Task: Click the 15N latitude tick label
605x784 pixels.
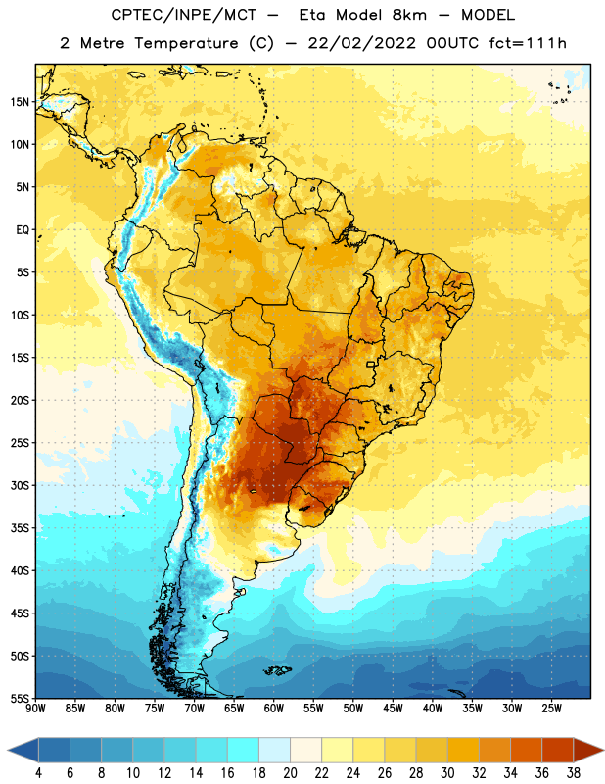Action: [20, 102]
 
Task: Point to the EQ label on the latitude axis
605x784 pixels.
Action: [23, 230]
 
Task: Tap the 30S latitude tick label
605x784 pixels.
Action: [20, 485]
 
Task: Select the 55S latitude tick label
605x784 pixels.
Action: [20, 698]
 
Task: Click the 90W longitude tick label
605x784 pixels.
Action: [35, 709]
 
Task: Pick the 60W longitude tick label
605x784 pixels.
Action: [274, 709]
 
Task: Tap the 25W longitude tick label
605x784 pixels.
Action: [551, 709]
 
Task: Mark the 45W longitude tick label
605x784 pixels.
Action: [394, 709]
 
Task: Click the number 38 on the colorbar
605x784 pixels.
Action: [574, 773]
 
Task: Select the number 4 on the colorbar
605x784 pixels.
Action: [38, 773]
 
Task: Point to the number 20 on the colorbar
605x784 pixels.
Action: [290, 773]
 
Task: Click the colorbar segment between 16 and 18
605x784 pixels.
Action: [244, 751]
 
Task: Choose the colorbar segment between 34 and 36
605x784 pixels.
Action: [526, 751]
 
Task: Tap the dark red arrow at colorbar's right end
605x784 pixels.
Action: [587, 751]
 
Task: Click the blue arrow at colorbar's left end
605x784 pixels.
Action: [23, 751]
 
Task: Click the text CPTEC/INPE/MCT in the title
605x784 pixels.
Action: [183, 15]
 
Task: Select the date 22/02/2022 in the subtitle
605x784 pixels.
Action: [361, 43]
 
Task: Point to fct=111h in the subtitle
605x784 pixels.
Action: [528, 43]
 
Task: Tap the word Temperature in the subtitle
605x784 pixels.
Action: [186, 43]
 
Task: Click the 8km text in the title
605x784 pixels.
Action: [409, 15]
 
